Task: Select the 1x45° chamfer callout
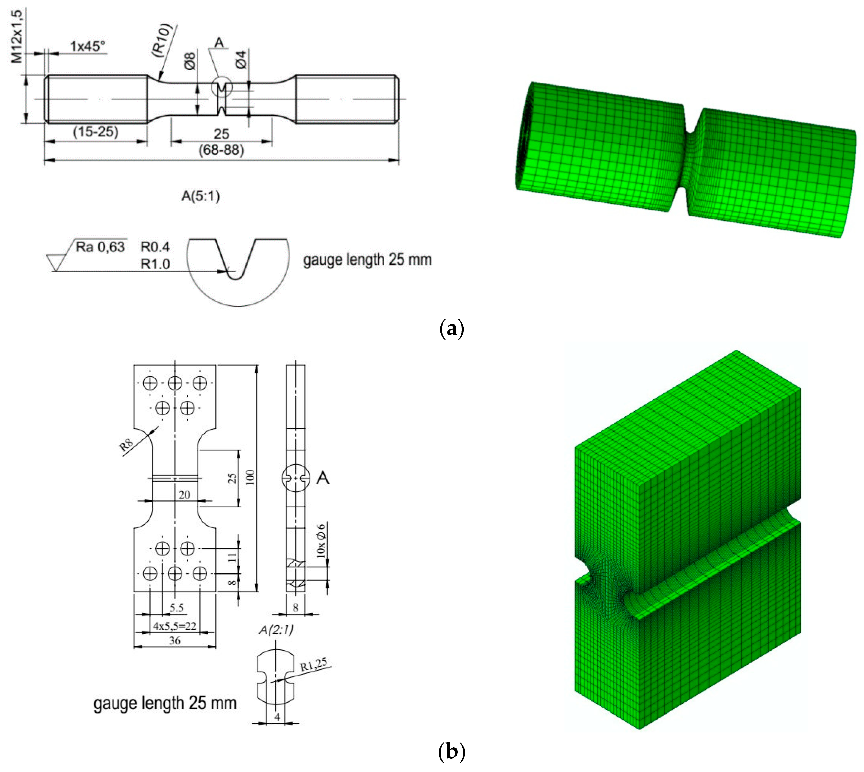(87, 46)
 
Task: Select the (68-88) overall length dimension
(221, 150)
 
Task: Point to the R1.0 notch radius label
(155, 264)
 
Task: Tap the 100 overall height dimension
(250, 478)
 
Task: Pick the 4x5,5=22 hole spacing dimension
(174, 626)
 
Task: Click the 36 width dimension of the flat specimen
(174, 641)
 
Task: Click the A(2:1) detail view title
(276, 630)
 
